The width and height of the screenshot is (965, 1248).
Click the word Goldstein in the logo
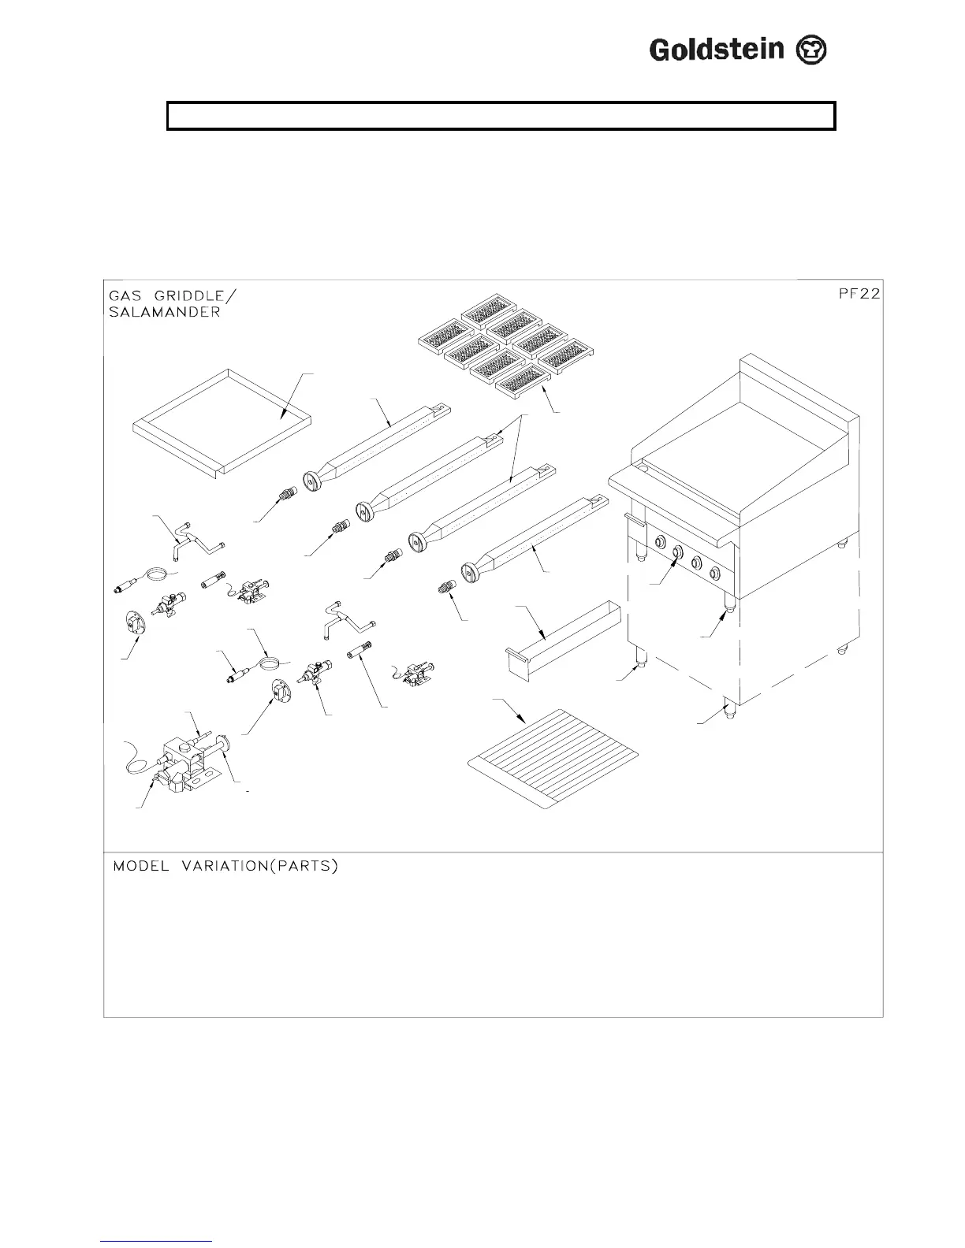716,50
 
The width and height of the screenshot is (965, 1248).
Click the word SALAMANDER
165,311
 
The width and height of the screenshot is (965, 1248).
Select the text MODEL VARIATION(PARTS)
225,866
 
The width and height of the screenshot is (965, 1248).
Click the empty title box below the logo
501,116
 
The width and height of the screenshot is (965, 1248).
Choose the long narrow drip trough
561,637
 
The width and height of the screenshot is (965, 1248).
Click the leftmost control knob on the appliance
658,541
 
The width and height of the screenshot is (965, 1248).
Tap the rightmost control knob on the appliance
714,573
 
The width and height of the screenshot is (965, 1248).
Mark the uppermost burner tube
378,446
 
